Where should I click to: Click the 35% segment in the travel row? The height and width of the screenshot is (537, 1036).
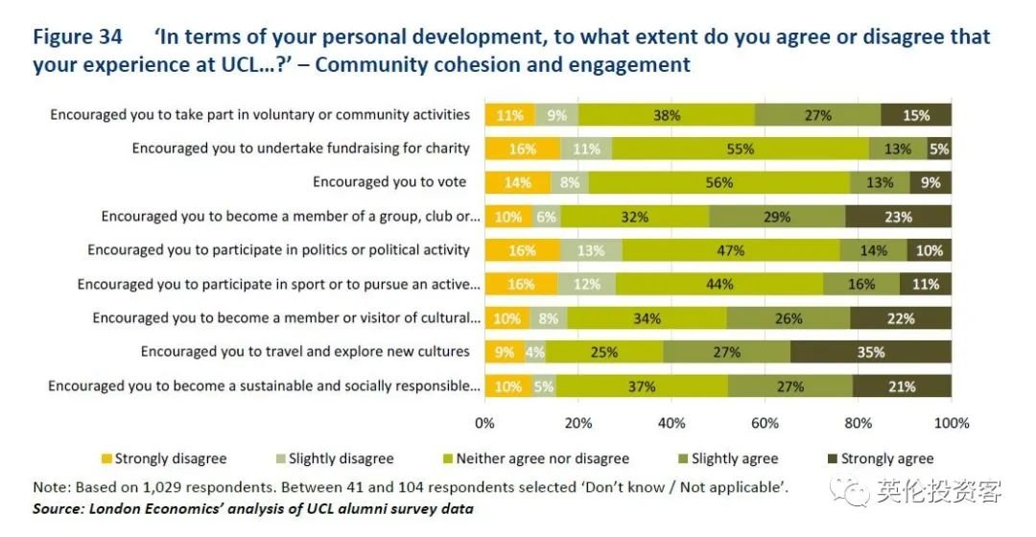click(870, 352)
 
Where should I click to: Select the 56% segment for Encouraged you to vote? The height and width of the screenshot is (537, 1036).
click(718, 182)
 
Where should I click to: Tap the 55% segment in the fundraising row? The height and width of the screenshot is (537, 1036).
click(740, 149)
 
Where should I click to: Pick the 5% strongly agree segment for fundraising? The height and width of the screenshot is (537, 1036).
click(939, 149)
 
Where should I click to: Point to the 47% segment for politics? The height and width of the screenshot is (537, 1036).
click(731, 250)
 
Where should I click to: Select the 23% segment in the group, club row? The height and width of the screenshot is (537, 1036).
click(898, 217)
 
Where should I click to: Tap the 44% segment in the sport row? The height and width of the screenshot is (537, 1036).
click(719, 284)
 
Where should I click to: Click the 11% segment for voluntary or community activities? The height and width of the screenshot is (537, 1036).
click(509, 115)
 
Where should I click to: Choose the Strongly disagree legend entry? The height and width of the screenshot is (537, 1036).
click(163, 458)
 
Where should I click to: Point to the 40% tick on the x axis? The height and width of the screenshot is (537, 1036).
click(671, 423)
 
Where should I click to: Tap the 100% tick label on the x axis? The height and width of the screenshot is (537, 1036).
click(952, 423)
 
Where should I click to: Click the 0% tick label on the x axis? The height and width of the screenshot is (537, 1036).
click(485, 423)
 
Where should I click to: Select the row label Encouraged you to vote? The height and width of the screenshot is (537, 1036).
click(389, 182)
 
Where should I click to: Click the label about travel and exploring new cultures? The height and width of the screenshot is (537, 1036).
click(305, 352)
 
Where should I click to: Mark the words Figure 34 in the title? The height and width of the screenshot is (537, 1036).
click(78, 37)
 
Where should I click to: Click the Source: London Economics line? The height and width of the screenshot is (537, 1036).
click(252, 508)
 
